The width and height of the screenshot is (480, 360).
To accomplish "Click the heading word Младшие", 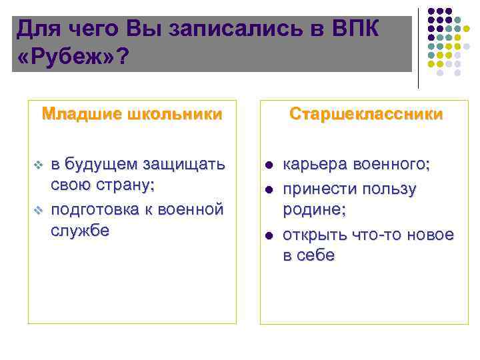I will pyautogui.click(x=78, y=113).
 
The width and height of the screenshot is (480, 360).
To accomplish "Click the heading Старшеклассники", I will pyautogui.click(x=365, y=113).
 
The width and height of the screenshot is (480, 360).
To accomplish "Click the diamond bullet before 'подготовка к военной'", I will pyautogui.click(x=38, y=211).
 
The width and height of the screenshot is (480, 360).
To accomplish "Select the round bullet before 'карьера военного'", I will pyautogui.click(x=269, y=165).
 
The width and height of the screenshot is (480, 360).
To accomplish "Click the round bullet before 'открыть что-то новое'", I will pyautogui.click(x=269, y=235).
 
